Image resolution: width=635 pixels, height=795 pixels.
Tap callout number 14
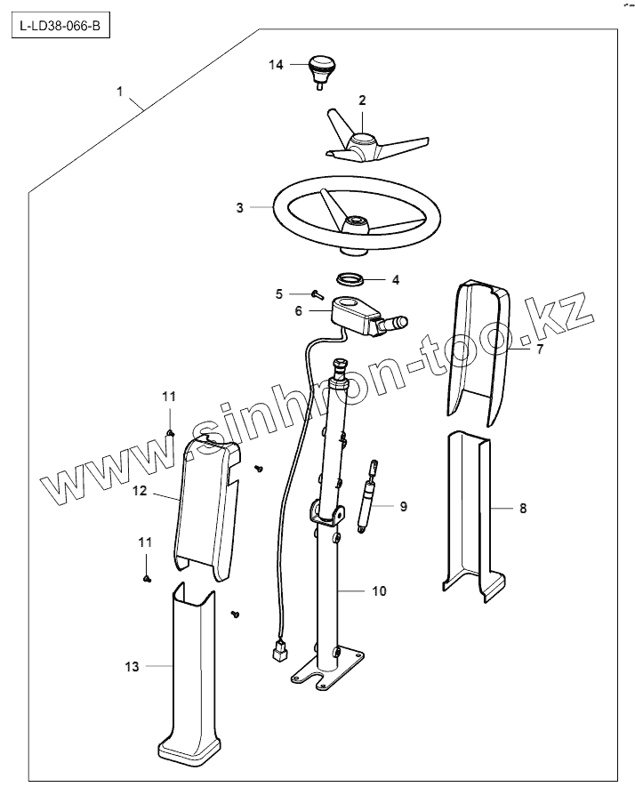pos(276,65)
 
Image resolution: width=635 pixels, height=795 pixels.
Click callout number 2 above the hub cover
pos(363,101)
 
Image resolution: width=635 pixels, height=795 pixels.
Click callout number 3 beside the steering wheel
pos(239,207)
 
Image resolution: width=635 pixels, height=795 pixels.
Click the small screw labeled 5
pos(317,293)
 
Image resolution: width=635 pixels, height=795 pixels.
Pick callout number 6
pos(298,311)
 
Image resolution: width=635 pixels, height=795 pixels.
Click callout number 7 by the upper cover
pos(539,350)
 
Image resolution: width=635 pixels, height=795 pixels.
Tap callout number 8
pos(523,509)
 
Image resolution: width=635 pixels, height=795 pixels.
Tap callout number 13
pos(132,666)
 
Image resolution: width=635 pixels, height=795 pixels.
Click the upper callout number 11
pos(169,395)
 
